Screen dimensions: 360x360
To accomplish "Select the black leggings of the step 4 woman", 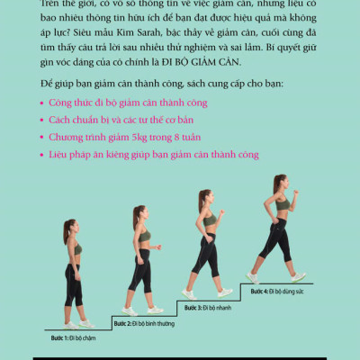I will (x=279, y=243).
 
